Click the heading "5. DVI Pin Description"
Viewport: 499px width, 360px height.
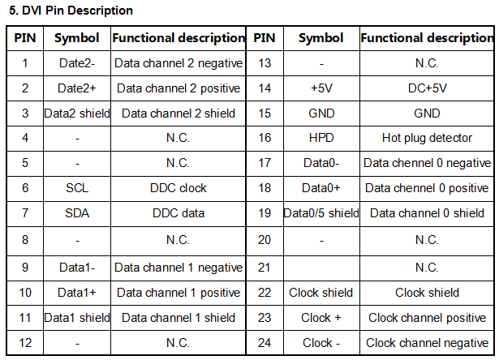tap(71, 11)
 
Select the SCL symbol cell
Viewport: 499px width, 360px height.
tap(77, 188)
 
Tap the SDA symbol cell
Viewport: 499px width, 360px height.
tap(77, 213)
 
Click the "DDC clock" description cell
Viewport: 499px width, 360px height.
tap(179, 188)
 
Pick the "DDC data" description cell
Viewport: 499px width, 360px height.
tap(179, 213)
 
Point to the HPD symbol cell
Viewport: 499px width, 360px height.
tap(321, 138)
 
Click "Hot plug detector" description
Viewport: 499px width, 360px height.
tap(427, 138)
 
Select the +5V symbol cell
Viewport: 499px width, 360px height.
tap(321, 88)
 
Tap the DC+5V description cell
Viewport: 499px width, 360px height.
tap(427, 88)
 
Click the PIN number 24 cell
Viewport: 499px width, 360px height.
tap(265, 343)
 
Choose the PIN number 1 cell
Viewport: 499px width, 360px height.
tap(25, 63)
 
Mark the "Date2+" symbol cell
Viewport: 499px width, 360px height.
tap(77, 88)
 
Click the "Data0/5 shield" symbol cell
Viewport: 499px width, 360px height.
tap(321, 213)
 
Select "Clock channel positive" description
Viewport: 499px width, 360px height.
tap(427, 318)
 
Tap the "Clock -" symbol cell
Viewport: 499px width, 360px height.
tap(321, 343)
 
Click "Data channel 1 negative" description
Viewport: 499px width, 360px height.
tap(179, 268)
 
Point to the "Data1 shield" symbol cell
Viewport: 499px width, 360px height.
tap(77, 318)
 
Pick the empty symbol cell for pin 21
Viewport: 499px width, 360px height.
tap(321, 268)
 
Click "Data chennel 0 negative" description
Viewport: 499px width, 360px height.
tap(427, 163)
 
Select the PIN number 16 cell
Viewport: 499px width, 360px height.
tap(265, 138)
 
